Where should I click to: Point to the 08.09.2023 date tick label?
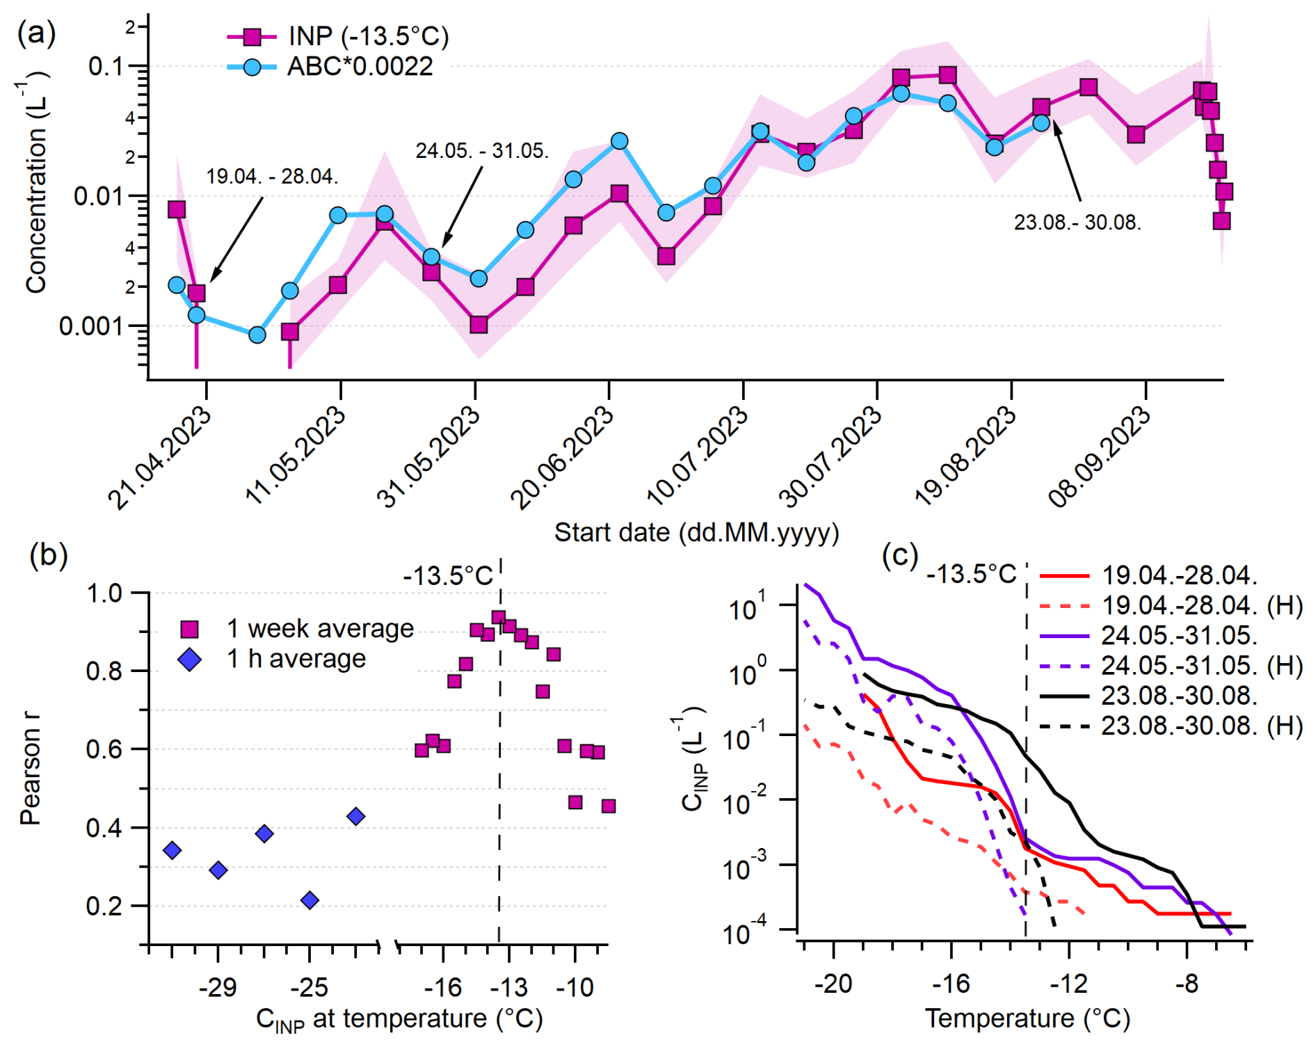click(x=1100, y=457)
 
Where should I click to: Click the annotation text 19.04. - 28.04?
click(x=272, y=177)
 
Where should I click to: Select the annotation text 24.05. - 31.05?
click(x=482, y=151)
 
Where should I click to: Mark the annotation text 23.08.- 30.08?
click(x=1077, y=223)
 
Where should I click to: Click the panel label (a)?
click(x=36, y=33)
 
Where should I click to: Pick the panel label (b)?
click(x=49, y=555)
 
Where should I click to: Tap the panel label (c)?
click(x=900, y=555)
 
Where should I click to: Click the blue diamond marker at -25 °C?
click(x=310, y=900)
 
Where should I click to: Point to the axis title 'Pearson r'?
click(x=30, y=769)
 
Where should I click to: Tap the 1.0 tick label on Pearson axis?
click(x=104, y=593)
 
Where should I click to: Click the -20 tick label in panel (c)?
click(x=833, y=984)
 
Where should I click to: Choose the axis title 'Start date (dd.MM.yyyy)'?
click(x=696, y=533)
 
